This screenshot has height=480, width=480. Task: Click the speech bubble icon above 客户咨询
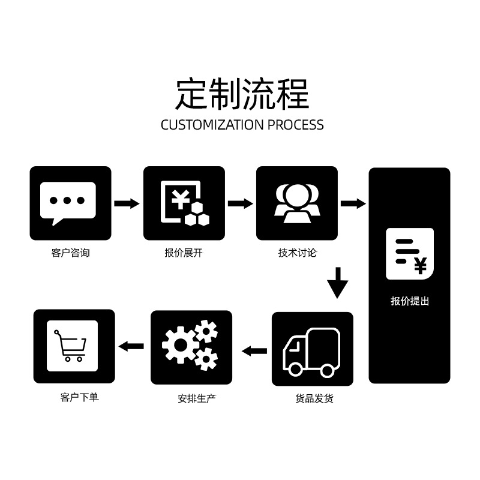pos(68,203)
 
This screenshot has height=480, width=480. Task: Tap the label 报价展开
pos(184,253)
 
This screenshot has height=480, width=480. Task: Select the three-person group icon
pos(297,203)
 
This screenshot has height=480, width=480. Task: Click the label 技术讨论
pos(297,253)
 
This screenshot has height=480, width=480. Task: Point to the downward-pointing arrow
pos(338,283)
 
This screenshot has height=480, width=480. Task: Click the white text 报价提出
pos(410,301)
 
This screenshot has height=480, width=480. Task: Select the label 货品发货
pos(314,398)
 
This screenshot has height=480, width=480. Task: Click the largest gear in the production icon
pos(181,344)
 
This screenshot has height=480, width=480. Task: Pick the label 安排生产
pos(197,398)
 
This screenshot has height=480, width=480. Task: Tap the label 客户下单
pos(80,397)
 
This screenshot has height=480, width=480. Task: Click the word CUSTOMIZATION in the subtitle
pos(212,125)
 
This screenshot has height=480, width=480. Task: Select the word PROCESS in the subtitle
pos(296,125)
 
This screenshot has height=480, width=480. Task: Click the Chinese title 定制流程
pos(242,94)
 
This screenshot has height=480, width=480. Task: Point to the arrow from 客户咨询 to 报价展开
pos(127,203)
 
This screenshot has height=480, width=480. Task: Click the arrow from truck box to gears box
pos(254,351)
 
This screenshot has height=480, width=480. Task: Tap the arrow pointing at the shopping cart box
pos(131,346)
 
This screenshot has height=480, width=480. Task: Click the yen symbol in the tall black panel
pos(421,266)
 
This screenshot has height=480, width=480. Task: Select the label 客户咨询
pos(71,253)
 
